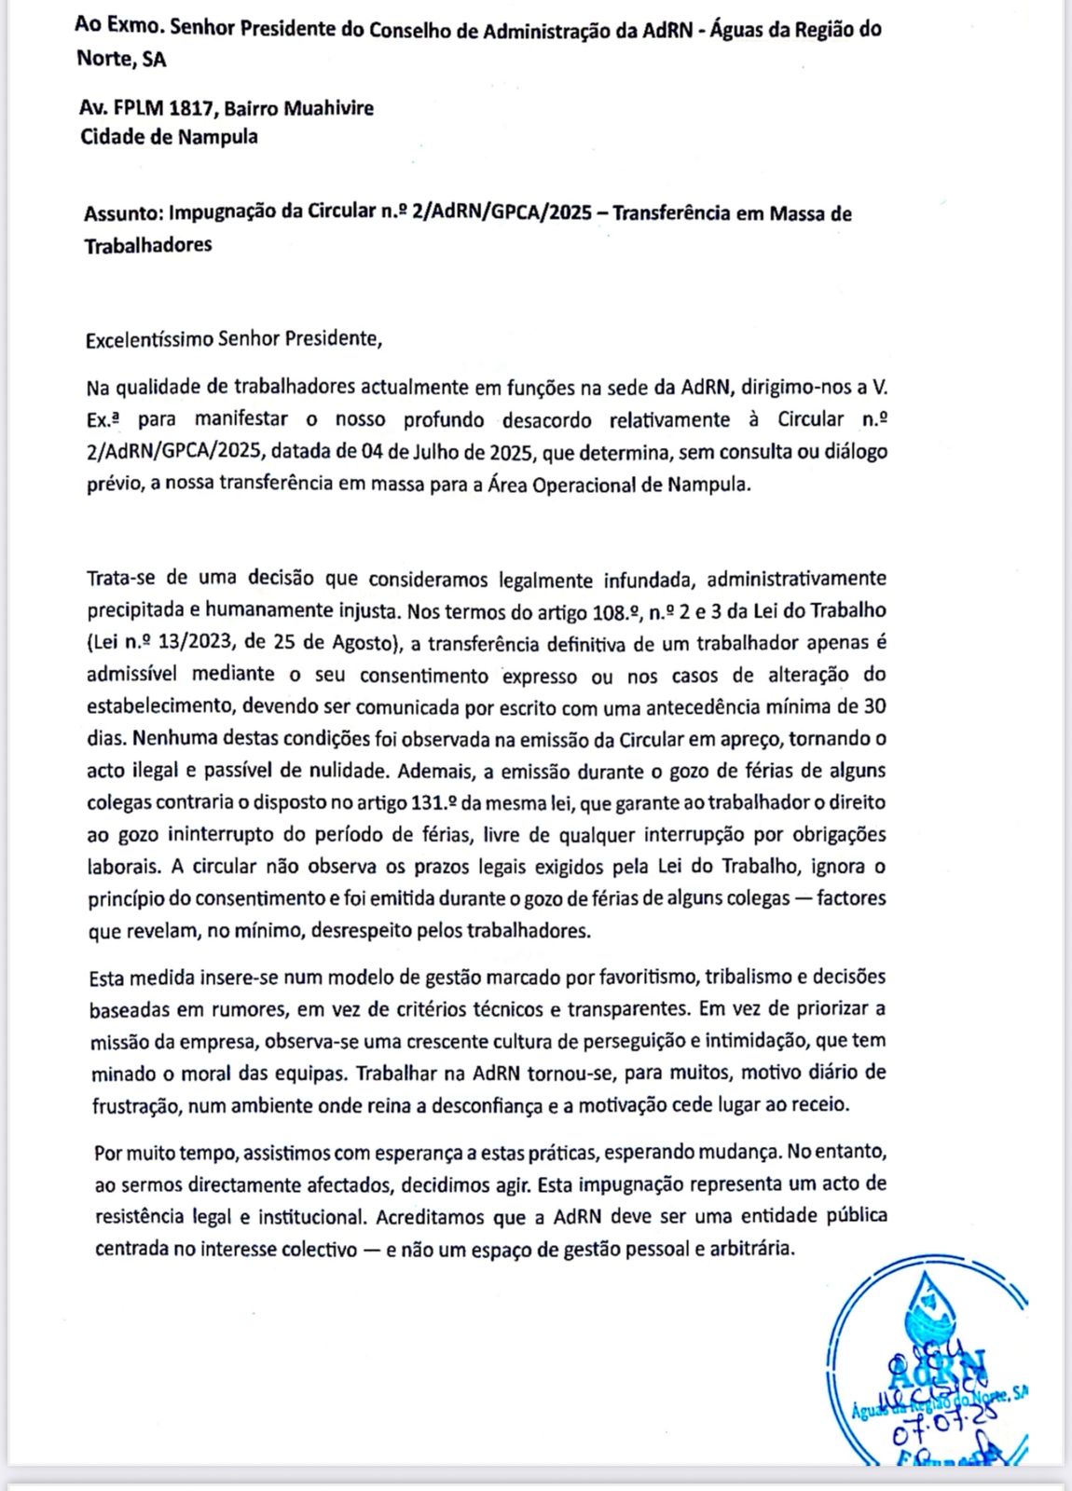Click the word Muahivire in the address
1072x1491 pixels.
(328, 108)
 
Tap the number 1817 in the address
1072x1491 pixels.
(191, 108)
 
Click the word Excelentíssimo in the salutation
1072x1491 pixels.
(148, 338)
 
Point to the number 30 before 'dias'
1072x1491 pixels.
(874, 706)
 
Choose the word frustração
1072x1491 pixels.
(139, 1105)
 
